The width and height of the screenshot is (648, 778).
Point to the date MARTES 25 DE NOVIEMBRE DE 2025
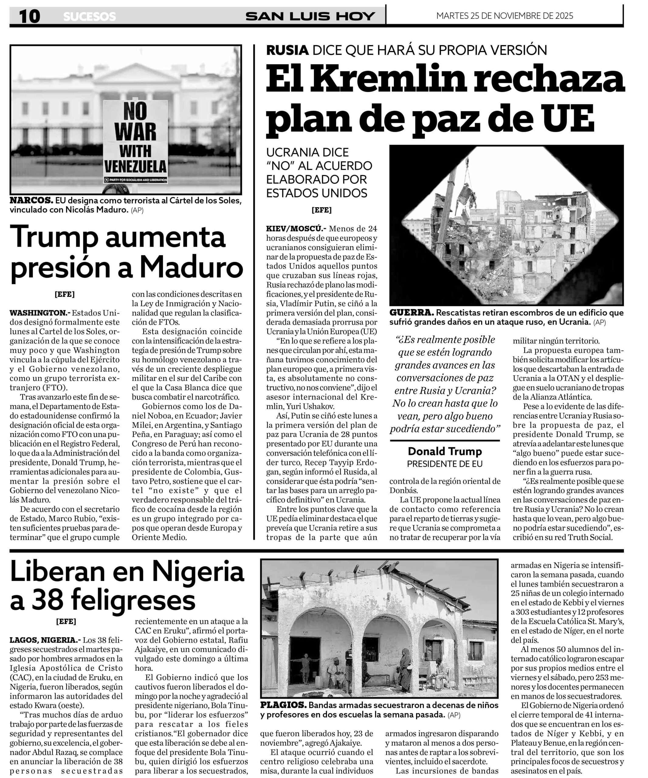coord(504,16)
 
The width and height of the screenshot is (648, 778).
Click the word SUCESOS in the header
coord(89,17)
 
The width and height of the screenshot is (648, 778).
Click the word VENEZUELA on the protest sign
coord(136,166)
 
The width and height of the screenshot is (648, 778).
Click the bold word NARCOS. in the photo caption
coord(31,201)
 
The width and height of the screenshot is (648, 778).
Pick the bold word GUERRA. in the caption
coord(411,313)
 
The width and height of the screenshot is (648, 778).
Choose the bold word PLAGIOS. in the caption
coord(283,705)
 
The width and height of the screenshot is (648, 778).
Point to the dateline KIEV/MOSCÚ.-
coord(296,229)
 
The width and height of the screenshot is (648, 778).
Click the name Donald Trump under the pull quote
coord(445,451)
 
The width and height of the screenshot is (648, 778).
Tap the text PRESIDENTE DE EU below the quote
coord(445,464)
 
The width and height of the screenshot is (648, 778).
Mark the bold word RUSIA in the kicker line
coord(287,50)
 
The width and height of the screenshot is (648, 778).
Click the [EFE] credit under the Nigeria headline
coord(66,621)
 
